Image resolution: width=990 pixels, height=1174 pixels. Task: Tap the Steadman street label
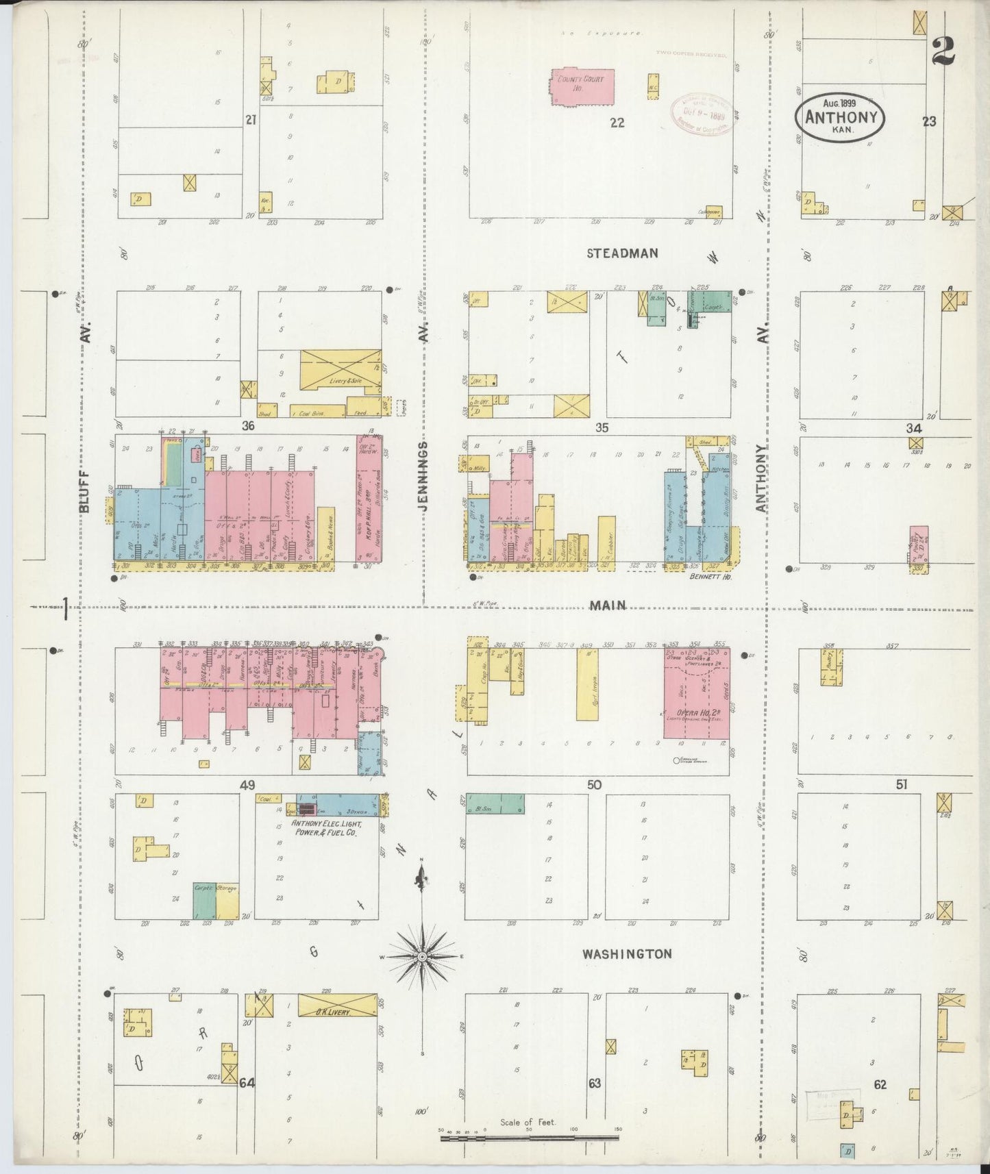pos(622,253)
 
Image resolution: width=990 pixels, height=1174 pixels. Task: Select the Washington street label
pos(627,953)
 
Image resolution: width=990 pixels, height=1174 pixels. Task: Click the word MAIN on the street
pos(608,605)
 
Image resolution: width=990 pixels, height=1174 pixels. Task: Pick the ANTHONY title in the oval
pos(840,117)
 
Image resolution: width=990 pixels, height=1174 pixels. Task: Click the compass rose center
pos(423,956)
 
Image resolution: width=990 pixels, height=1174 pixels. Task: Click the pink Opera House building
pos(696,695)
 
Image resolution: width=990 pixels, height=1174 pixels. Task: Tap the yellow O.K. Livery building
pos(337,1005)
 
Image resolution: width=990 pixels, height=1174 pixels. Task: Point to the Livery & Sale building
pos(341,371)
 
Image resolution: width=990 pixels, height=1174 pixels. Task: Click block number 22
pos(617,123)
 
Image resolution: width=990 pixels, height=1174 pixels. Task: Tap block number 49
pos(247,785)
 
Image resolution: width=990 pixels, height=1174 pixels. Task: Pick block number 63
pos(594,1083)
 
